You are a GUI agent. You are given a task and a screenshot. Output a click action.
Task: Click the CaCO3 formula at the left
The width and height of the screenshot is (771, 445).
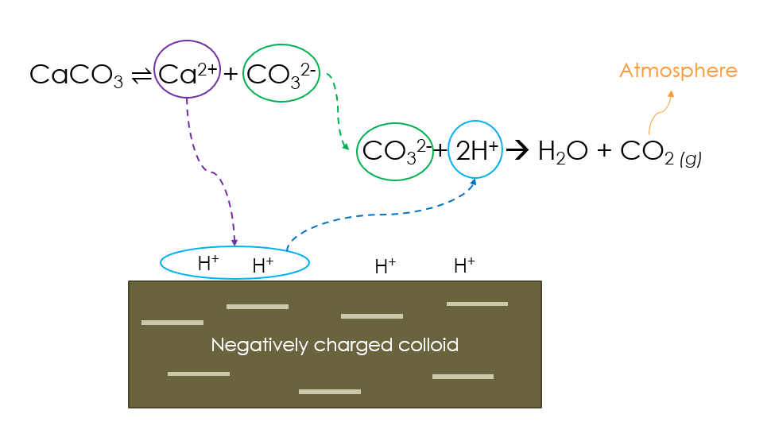(76, 75)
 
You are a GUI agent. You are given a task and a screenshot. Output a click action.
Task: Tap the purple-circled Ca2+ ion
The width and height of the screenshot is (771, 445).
(188, 74)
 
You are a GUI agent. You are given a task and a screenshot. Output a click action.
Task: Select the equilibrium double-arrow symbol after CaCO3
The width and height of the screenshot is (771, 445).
(141, 75)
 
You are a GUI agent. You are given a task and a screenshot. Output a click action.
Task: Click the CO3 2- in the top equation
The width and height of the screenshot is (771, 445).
(281, 75)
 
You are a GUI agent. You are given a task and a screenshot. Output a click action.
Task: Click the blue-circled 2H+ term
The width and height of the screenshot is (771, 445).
(476, 150)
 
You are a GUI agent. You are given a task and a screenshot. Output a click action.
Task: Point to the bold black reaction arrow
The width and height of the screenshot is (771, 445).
(517, 150)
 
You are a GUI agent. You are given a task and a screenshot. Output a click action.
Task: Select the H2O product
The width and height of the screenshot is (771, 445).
(563, 152)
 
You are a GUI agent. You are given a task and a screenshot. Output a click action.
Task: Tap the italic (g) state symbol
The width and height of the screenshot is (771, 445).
(691, 159)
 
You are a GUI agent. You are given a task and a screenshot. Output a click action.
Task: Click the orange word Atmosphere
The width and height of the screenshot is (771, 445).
(679, 71)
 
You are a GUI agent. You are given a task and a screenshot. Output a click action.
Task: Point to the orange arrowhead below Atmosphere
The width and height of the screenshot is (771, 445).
(671, 94)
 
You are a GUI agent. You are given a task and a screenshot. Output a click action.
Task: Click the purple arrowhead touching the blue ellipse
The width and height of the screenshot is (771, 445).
(234, 242)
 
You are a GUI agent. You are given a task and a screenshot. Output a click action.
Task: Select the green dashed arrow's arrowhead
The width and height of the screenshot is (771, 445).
(346, 146)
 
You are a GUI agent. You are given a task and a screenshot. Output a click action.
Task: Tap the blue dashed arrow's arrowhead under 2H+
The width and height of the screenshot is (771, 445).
(474, 181)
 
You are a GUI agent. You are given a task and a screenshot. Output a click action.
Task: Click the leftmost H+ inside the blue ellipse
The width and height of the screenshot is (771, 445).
(208, 263)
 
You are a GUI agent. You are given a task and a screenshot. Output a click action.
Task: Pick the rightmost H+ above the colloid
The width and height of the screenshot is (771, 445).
(464, 265)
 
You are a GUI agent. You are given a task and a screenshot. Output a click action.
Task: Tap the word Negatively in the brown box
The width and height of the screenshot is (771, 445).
(259, 346)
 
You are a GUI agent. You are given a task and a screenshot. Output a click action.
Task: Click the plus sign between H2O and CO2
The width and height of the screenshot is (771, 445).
(604, 150)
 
